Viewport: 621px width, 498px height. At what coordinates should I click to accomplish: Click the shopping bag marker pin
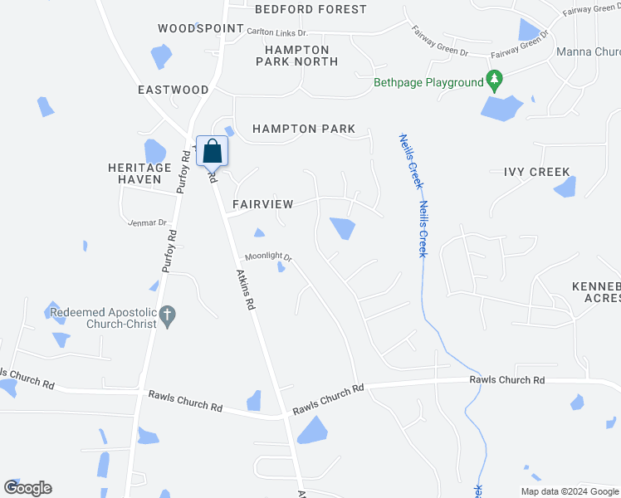[x=213, y=152]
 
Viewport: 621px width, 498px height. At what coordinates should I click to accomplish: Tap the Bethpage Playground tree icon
[x=496, y=81]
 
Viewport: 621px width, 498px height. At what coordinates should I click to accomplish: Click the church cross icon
[x=168, y=315]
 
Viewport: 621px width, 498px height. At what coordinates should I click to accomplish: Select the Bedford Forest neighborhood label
[x=310, y=9]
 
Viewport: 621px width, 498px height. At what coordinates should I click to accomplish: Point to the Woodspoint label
[x=201, y=28]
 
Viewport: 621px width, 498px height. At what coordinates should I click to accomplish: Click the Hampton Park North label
[x=296, y=56]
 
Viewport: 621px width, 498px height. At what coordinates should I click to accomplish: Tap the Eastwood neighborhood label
[x=173, y=90]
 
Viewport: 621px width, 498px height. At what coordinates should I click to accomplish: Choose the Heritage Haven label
[x=139, y=173]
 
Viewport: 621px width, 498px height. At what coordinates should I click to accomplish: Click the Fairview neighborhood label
[x=262, y=204]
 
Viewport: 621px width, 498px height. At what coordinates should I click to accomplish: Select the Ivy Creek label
[x=537, y=173]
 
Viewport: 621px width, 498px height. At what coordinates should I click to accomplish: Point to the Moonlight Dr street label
[x=267, y=258]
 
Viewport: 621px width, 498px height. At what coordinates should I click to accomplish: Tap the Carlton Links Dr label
[x=277, y=32]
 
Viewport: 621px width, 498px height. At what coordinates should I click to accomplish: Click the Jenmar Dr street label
[x=149, y=222]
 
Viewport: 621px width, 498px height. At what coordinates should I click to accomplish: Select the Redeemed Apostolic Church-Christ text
[x=103, y=318]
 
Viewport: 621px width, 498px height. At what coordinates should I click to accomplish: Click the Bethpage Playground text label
[x=428, y=82]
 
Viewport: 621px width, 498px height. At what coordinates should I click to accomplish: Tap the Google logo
[x=27, y=488]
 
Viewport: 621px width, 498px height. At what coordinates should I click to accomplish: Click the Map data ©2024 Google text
[x=570, y=491]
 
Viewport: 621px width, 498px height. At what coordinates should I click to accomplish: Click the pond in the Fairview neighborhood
[x=342, y=227]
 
